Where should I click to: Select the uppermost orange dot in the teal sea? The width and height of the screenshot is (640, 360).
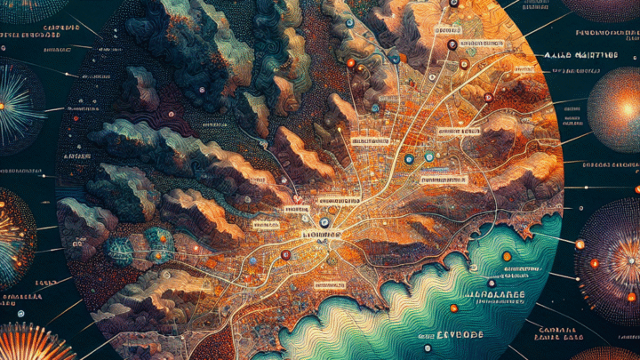(x=506, y=257)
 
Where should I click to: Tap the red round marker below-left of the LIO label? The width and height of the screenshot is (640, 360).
(x=285, y=255)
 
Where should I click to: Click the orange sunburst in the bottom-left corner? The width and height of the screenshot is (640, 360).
(x=36, y=345)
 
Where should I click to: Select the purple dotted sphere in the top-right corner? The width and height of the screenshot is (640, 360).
(x=604, y=9)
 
